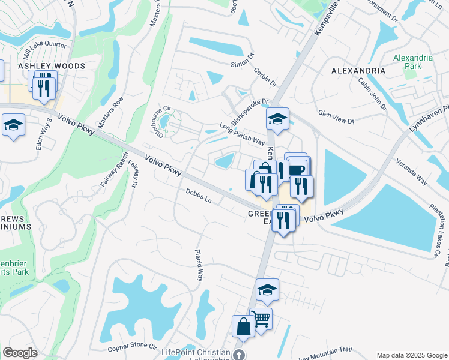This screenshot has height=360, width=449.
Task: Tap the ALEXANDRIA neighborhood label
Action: (x=358, y=71)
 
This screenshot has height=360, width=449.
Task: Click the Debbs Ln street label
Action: (x=199, y=196)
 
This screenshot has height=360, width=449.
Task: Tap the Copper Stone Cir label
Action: (x=131, y=348)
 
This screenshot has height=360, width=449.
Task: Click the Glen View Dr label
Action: (x=336, y=117)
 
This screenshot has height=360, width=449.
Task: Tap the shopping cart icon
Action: (x=261, y=319)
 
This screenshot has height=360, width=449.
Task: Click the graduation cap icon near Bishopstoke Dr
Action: (x=277, y=119)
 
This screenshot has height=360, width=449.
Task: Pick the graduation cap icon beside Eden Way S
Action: (x=13, y=125)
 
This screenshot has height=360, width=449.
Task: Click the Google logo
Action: (x=20, y=353)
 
